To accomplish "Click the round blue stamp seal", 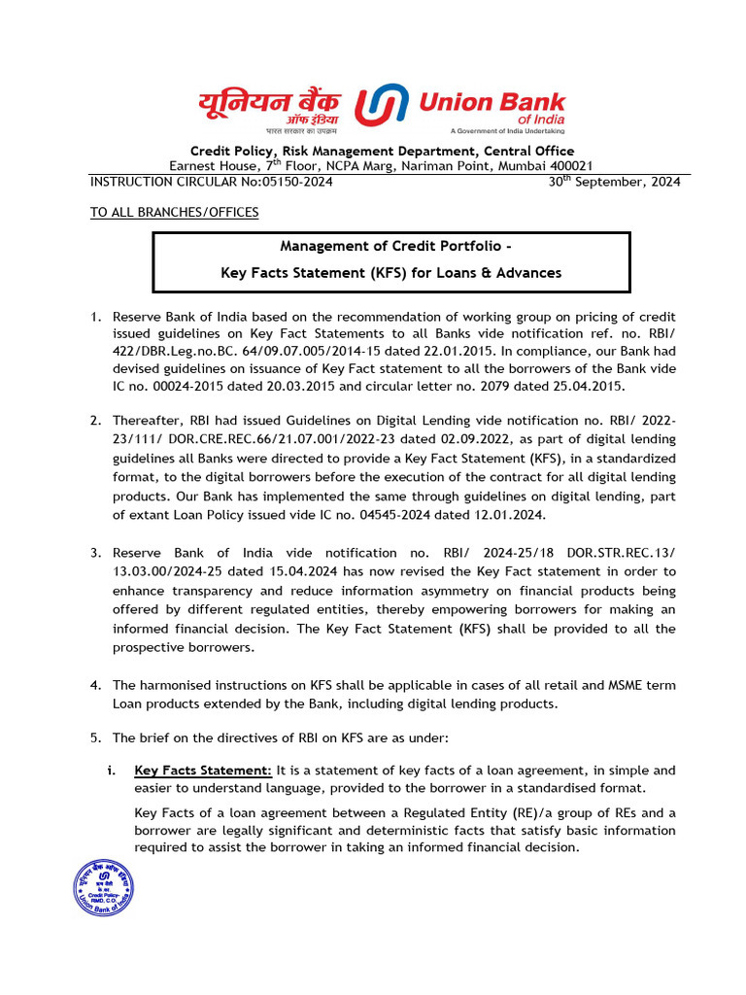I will pyautogui.click(x=104, y=888).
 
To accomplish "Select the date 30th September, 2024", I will pyautogui.click(x=616, y=182).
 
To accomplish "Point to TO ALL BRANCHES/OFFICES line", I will pyautogui.click(x=174, y=212).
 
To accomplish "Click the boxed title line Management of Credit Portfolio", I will pyautogui.click(x=391, y=246).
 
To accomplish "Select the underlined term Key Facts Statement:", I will pyautogui.click(x=203, y=770).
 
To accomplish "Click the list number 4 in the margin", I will pyautogui.click(x=95, y=685).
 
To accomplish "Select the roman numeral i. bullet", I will pyautogui.click(x=112, y=770).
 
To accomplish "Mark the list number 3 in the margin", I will pyautogui.click(x=95, y=553).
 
